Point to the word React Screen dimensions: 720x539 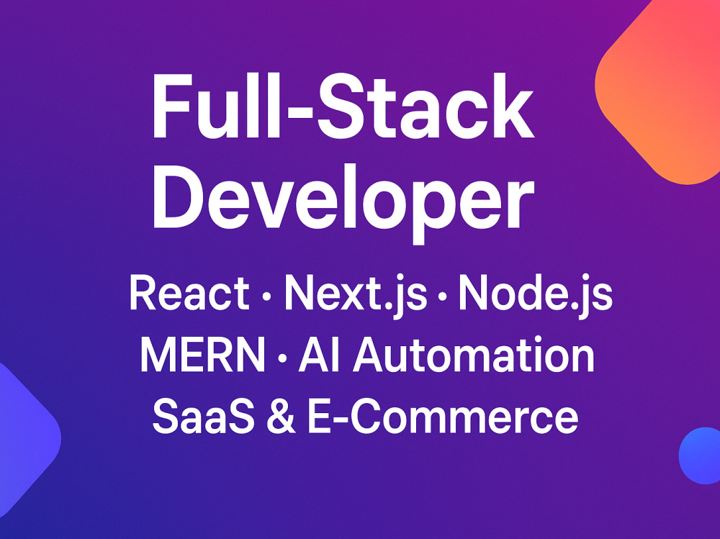(189, 293)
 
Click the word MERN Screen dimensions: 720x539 (202, 355)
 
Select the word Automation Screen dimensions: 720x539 (474, 355)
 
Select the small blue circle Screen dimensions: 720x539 (700, 456)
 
